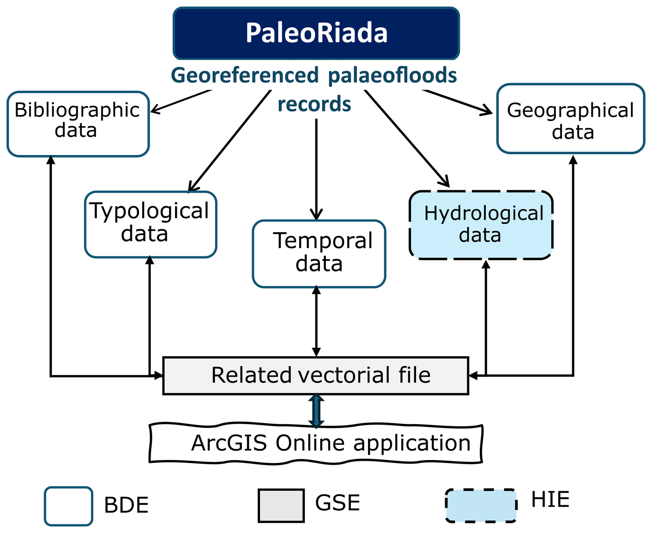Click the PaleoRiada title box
pos(316,33)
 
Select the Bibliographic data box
pos(78,124)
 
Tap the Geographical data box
pos(570,119)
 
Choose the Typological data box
pos(150,224)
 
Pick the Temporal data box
pos(319,253)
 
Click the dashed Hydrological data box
pos(481,224)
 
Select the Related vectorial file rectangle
pos(315,375)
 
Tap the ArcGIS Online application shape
pos(315,443)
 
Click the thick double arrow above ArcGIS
pos(316,411)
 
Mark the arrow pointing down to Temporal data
pos(316,169)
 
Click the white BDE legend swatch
pos(69,505)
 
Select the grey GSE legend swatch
pos(281,505)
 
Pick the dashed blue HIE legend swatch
pos(481,505)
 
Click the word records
pos(314,104)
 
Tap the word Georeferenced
pos(245,75)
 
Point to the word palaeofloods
pos(392,75)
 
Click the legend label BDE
pos(126,505)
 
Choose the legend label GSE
pos(337,502)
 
